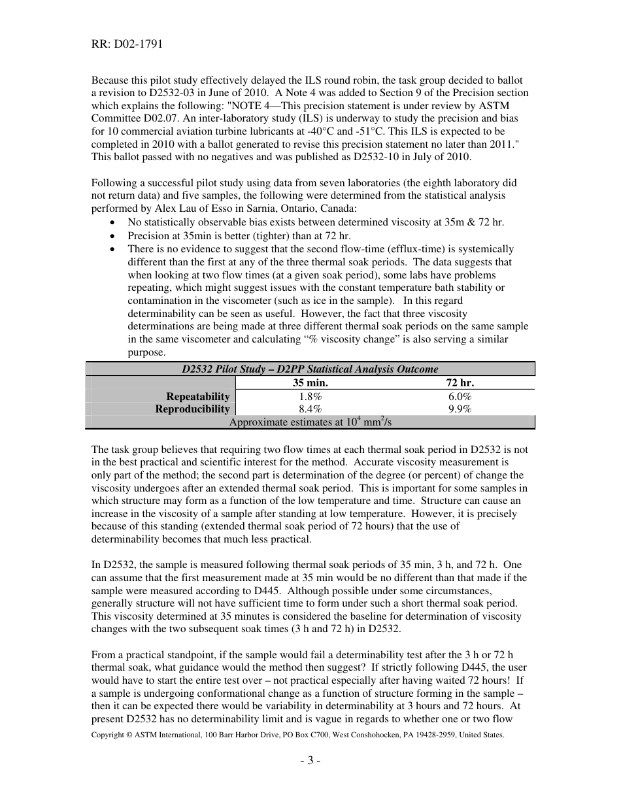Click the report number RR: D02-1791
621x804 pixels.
[127, 44]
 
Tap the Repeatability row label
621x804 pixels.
[198, 397]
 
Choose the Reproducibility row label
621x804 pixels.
[192, 409]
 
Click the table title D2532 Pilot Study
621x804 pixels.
[310, 369]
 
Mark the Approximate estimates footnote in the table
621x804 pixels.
[310, 422]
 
